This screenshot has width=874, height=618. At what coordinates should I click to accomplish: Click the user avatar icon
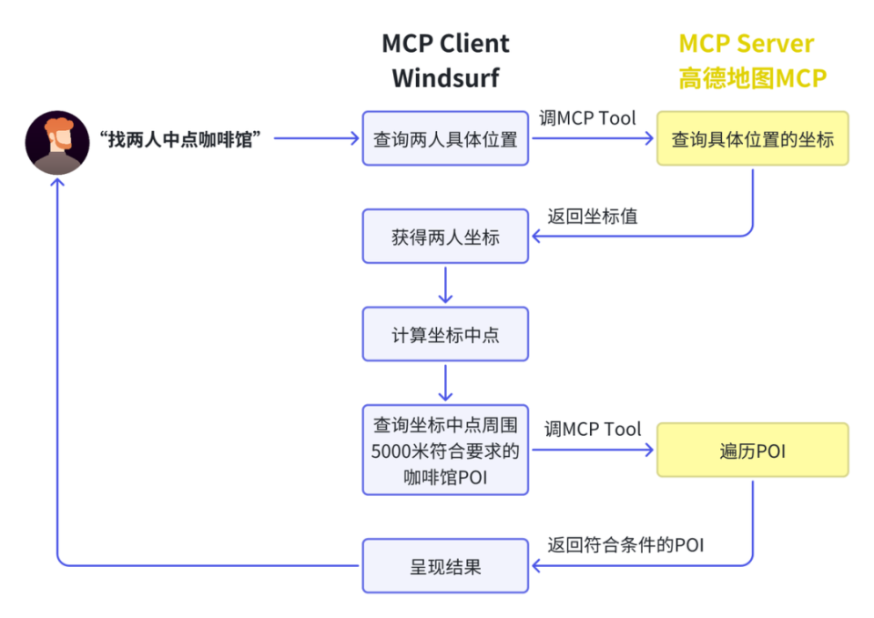pos(57,142)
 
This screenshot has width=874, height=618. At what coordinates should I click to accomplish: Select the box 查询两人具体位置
pos(445,139)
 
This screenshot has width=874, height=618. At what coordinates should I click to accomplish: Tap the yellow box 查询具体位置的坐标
pos(752,139)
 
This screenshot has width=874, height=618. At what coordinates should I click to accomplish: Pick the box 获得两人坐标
pos(445,237)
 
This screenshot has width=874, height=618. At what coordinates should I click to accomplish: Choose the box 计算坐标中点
pos(445,334)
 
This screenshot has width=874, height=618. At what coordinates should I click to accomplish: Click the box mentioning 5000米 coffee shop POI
pos(445,450)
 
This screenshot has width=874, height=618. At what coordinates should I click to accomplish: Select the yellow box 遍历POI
pos(752,450)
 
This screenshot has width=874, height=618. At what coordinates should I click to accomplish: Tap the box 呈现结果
pos(445,566)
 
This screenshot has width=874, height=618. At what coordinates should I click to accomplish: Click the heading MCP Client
pos(445,44)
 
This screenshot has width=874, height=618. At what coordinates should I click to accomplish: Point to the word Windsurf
pos(445,78)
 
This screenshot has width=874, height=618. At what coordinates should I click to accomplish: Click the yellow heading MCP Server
pos(747,44)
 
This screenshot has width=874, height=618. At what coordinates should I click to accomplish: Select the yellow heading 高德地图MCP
pos(752,78)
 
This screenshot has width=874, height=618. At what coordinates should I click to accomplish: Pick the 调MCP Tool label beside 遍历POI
pos(593,429)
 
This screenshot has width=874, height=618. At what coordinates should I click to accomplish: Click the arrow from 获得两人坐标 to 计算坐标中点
pos(445,285)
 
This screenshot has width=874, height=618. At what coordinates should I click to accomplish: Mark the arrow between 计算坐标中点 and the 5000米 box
pos(445,382)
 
